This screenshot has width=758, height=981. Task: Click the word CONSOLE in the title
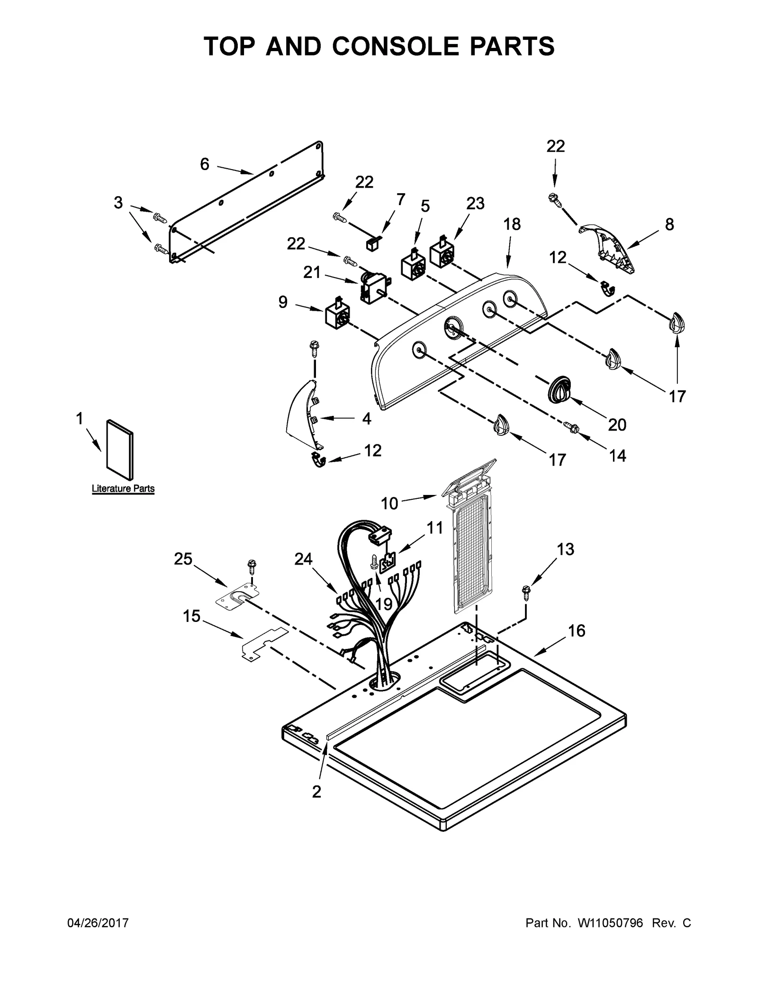coord(408,46)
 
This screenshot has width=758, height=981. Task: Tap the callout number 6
coord(204,164)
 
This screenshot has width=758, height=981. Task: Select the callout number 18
coord(512,224)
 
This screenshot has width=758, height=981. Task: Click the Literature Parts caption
coord(123,488)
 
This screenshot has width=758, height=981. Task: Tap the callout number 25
coord(183,559)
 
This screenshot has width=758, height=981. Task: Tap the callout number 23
coord(475,203)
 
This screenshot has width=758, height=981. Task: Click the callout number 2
coord(316,792)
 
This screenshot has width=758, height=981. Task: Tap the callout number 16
coord(577,631)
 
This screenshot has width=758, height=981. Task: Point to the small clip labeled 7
coord(372,244)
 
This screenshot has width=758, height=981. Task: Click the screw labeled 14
coord(570,427)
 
